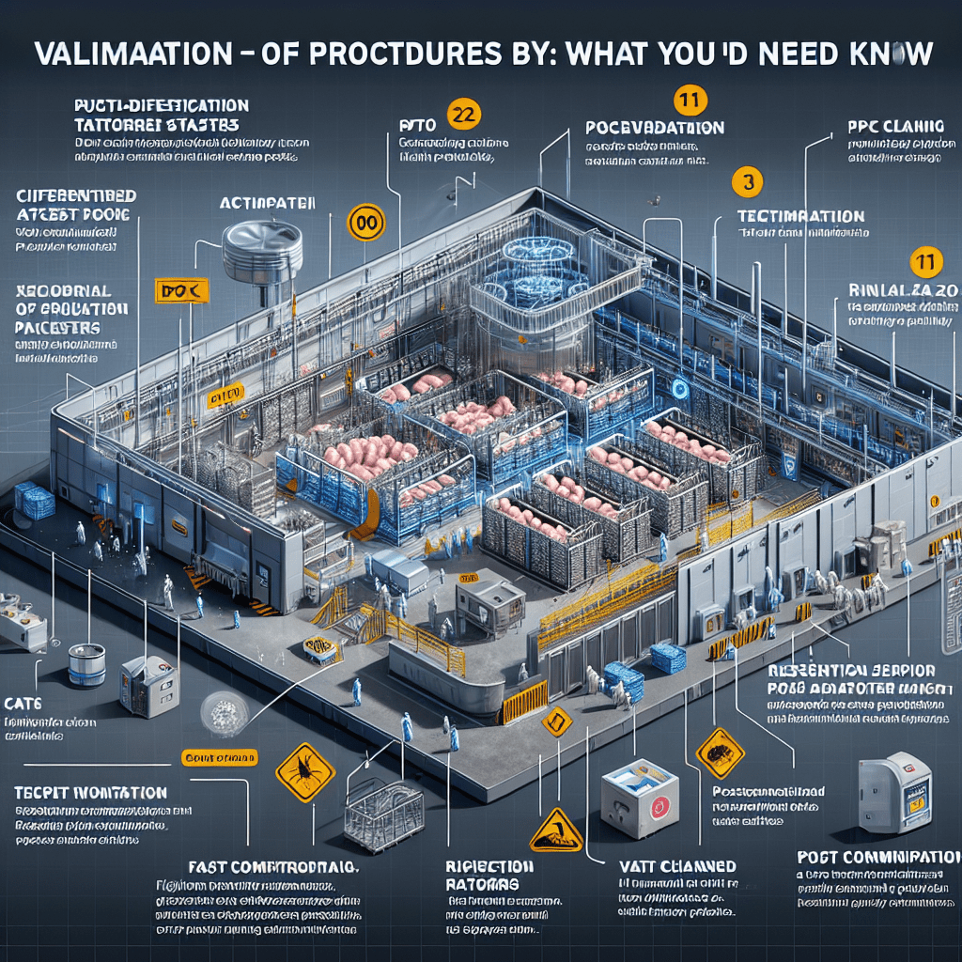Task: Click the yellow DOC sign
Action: [x=181, y=291]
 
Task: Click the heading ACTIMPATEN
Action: [x=267, y=203]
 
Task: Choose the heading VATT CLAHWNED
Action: [x=676, y=866]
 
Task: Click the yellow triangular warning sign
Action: [x=557, y=830]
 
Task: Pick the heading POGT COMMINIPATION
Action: [x=878, y=858]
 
